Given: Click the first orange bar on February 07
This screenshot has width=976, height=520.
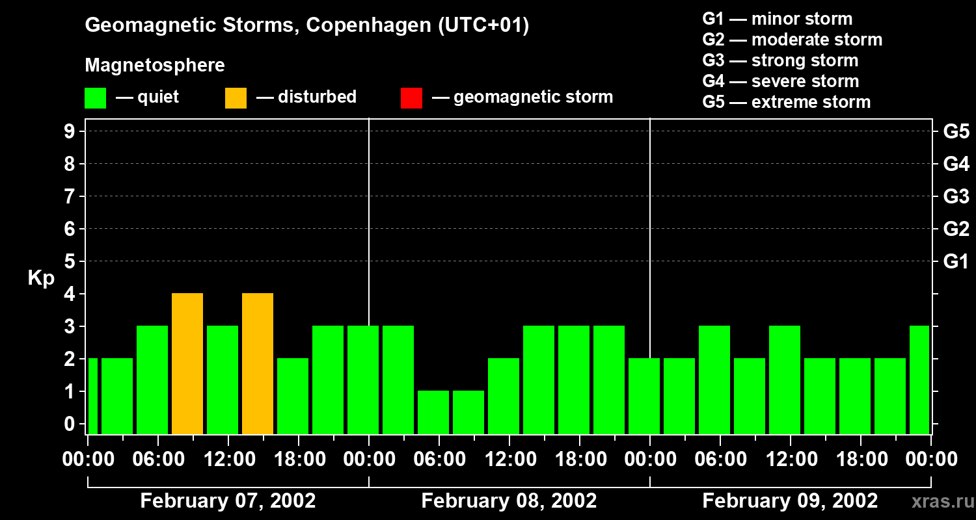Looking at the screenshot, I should [x=187, y=363].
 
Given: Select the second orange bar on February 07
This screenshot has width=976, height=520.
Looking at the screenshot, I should [x=258, y=363].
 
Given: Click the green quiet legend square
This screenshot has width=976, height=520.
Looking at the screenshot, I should [x=95, y=98].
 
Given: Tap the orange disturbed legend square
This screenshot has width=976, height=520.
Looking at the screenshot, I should [x=236, y=98].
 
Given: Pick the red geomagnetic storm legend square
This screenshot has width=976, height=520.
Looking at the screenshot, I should [x=411, y=98].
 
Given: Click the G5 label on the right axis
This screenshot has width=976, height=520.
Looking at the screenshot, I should [x=956, y=132].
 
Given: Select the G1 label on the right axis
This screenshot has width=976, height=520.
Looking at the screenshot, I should [x=956, y=262].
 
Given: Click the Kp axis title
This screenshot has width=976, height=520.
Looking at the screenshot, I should [x=41, y=278].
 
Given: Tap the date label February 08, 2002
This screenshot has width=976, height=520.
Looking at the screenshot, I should [x=509, y=501].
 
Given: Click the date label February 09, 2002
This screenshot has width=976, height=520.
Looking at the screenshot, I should [x=790, y=501].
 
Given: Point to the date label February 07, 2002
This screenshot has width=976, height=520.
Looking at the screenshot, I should [x=228, y=501].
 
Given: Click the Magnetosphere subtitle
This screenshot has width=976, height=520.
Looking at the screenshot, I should [x=155, y=66].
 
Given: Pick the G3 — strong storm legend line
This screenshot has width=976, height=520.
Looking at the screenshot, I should [x=780, y=60].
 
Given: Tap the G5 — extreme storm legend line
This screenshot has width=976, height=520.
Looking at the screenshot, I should [x=786, y=102].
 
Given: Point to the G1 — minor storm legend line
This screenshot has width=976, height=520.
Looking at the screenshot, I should [x=777, y=19].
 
